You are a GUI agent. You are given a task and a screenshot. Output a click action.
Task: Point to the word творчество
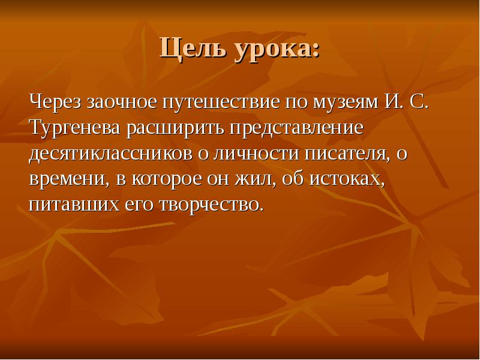point(209,205)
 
